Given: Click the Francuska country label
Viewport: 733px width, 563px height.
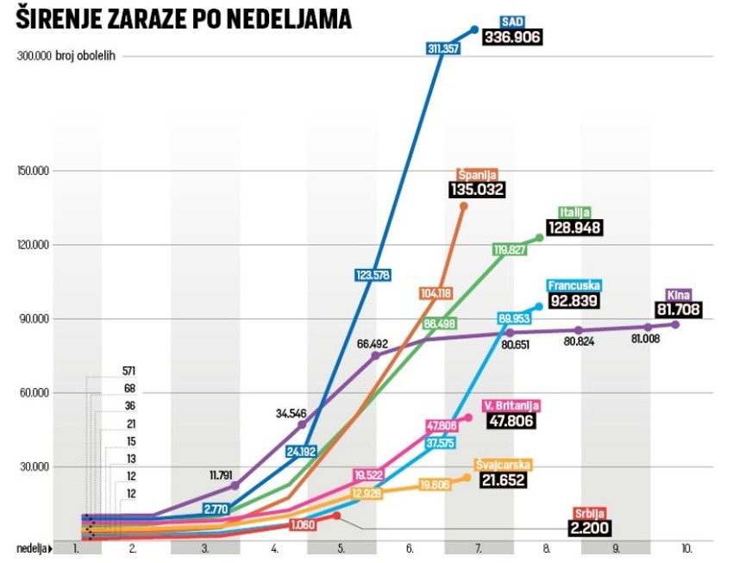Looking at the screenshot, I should click(x=573, y=285).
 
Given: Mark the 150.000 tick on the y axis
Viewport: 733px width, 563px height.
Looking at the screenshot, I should click(x=32, y=171).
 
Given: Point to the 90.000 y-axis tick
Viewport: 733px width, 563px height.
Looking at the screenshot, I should click(x=34, y=319).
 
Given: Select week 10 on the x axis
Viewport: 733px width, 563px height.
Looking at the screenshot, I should click(x=685, y=547).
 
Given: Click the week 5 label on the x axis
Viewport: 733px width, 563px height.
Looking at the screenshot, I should click(x=341, y=547).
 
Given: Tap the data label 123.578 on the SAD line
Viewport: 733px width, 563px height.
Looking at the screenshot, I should click(x=373, y=275).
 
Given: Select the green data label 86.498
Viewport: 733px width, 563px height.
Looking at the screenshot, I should click(x=440, y=323).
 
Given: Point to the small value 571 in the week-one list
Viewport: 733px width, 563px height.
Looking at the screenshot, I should click(x=128, y=372).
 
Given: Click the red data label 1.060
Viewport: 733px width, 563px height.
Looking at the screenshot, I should click(x=302, y=524).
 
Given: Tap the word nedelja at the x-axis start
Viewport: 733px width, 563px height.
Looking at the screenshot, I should click(x=31, y=547).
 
